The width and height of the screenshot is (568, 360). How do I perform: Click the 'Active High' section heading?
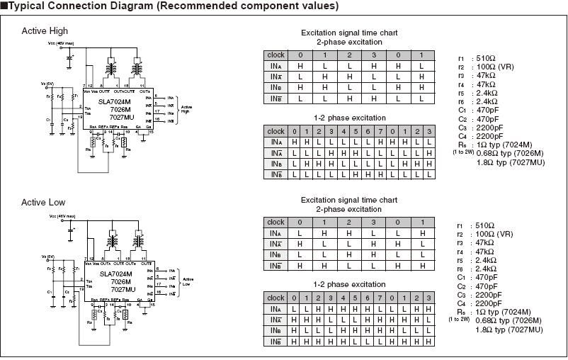[45, 31]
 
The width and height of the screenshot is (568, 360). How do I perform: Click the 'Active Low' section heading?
[43, 203]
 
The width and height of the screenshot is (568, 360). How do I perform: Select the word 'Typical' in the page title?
[28, 6]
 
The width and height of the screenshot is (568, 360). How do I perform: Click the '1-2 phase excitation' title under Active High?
[350, 118]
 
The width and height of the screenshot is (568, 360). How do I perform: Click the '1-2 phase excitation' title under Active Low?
[349, 284]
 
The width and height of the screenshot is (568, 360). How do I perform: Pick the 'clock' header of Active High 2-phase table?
[276, 55]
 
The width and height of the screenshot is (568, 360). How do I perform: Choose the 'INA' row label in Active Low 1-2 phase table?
[276, 309]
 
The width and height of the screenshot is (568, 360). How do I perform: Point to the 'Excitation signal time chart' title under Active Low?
[349, 201]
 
